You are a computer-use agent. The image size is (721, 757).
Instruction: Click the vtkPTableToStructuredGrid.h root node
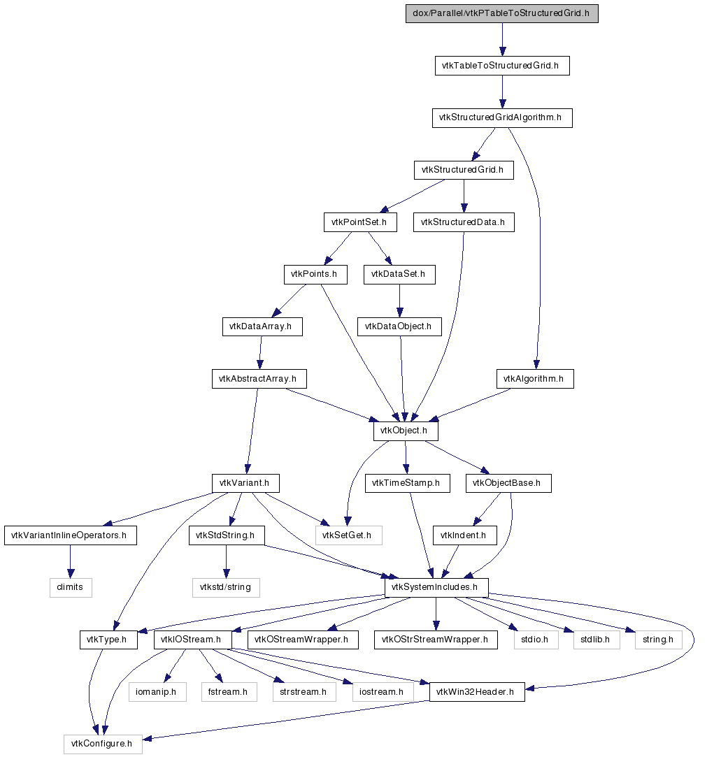[x=501, y=14]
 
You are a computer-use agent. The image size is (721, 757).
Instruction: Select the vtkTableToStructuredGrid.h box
[x=501, y=66]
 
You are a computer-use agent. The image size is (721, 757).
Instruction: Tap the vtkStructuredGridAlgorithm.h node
[x=501, y=117]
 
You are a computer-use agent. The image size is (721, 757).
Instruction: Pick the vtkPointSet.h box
[x=361, y=222]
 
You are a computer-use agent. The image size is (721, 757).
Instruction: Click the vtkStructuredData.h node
[x=464, y=222]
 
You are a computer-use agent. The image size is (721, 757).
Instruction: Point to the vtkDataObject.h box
[x=399, y=326]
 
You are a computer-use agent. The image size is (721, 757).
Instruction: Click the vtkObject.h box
[x=406, y=431]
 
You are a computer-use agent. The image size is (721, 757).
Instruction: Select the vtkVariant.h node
[x=245, y=483]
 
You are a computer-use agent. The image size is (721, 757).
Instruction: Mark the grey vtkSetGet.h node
[x=348, y=536]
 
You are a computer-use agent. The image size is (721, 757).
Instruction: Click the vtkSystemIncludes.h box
[x=436, y=587]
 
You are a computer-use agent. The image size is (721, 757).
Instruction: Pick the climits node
[x=70, y=587]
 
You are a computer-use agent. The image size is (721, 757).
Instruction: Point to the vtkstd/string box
[x=226, y=587]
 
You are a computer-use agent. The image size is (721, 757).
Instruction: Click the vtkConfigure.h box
[x=103, y=744]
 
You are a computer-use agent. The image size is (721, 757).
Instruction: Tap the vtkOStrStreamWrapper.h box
[x=436, y=640]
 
